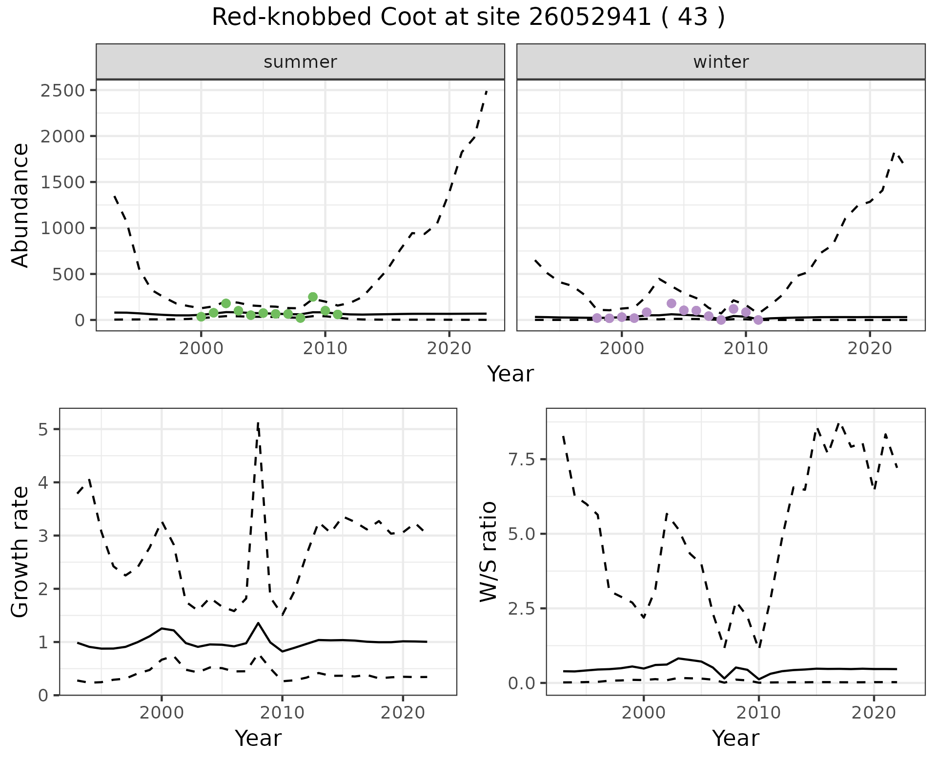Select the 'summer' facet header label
pos(300,62)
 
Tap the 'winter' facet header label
pos(721,62)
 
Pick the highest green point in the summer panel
pos(313,297)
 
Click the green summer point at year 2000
pos(201,317)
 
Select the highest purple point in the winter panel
pos(672,303)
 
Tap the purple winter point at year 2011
pos(758,320)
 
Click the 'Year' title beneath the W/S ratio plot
pos(735,738)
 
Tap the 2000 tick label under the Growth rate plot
pos(162,713)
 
